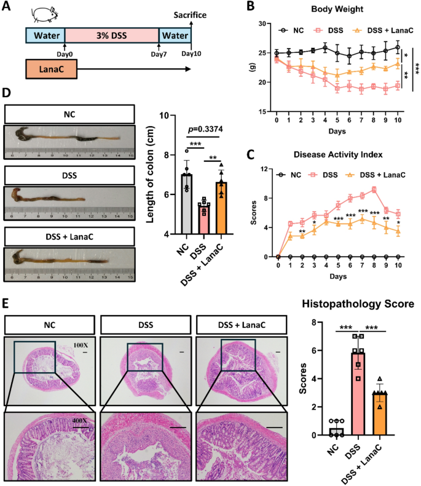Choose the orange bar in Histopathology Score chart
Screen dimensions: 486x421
(x=381, y=413)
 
